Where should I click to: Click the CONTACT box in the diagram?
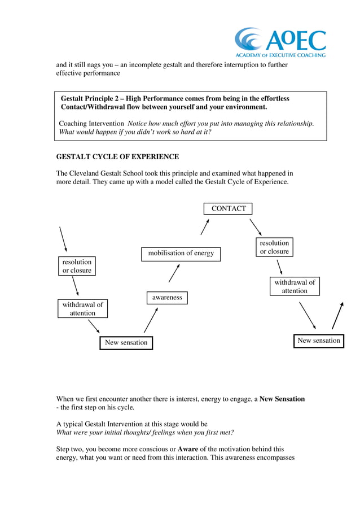(x=229, y=208)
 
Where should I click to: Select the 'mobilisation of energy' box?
(x=181, y=254)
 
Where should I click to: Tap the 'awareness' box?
(x=167, y=298)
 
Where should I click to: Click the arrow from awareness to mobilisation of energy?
(x=174, y=273)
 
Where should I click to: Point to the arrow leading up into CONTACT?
(x=205, y=226)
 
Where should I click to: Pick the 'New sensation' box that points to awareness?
(x=126, y=342)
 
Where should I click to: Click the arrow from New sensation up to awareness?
(x=150, y=321)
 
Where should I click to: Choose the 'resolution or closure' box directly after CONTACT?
(x=274, y=247)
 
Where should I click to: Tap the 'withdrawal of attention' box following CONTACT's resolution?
(x=295, y=286)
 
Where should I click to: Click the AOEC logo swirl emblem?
(x=249, y=40)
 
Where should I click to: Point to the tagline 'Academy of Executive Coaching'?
(x=280, y=55)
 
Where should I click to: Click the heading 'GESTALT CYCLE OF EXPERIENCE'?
(x=117, y=157)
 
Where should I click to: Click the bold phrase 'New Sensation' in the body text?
(x=282, y=399)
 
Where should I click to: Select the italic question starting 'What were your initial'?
(x=145, y=433)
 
